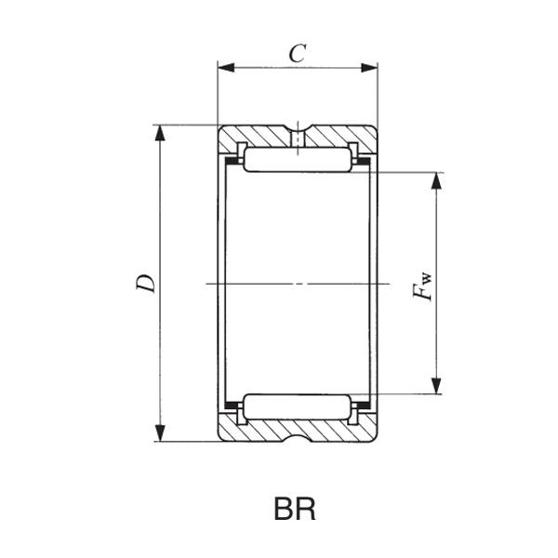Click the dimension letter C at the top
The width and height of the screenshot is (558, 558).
(x=297, y=54)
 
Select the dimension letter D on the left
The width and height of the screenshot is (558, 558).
(x=145, y=284)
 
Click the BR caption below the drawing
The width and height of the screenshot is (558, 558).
(x=295, y=510)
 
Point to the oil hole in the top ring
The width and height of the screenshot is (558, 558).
(x=298, y=138)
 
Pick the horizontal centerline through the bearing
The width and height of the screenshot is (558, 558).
(x=298, y=283)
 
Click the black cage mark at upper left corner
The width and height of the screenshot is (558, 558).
(x=232, y=159)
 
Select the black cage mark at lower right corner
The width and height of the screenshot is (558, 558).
(x=365, y=405)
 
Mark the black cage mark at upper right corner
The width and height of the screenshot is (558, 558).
(x=365, y=159)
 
